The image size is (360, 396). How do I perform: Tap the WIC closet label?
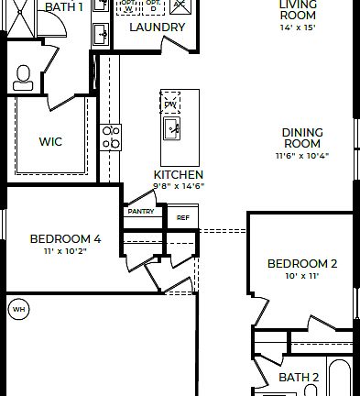tap(50, 142)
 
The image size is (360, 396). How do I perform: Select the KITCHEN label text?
tap(179, 174)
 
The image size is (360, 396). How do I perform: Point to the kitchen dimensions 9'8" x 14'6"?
tap(179, 186)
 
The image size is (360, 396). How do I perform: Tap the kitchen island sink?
tap(172, 130)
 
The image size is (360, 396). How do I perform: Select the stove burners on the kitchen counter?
tap(111, 137)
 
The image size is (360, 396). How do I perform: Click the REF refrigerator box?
tap(182, 218)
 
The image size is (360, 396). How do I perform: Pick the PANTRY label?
tap(141, 211)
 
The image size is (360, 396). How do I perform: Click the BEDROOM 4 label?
tap(65, 239)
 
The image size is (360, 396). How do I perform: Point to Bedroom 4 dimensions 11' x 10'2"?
tap(65, 251)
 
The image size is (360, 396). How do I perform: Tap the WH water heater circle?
tap(17, 309)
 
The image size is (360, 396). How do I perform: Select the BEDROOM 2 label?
tap(302, 264)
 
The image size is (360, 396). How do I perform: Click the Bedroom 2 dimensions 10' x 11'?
tap(302, 276)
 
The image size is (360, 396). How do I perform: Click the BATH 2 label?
tap(299, 377)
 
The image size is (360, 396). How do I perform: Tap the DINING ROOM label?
tap(301, 137)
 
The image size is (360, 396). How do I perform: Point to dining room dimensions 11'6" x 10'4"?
tap(301, 156)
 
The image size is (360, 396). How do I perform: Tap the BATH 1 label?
tap(63, 6)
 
